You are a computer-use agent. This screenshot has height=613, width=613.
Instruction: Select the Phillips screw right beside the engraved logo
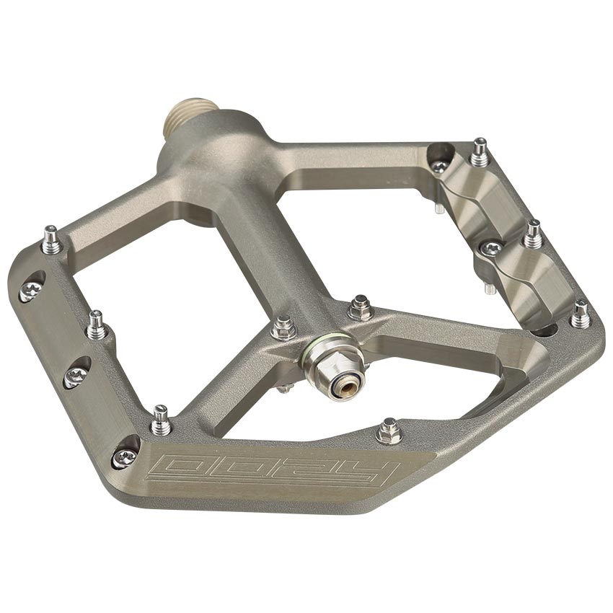(x=123, y=456)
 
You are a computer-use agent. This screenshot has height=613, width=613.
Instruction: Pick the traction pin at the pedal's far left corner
(x=50, y=240)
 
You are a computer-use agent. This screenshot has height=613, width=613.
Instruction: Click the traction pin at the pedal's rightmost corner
(x=581, y=314)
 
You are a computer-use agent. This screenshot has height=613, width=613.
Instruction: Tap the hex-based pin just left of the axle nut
(x=283, y=328)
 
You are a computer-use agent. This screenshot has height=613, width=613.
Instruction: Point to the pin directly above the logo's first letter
(x=160, y=420)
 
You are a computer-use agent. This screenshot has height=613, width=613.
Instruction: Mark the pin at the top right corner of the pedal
(x=478, y=152)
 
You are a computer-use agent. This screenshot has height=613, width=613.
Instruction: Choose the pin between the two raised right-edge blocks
(x=533, y=234)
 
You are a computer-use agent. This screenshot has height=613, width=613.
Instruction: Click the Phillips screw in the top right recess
(x=439, y=167)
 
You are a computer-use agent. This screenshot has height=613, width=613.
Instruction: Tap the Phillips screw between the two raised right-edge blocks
(x=491, y=249)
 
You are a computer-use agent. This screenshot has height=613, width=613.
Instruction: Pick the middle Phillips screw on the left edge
(x=75, y=375)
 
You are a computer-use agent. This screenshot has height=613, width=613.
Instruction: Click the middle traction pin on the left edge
(x=96, y=325)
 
